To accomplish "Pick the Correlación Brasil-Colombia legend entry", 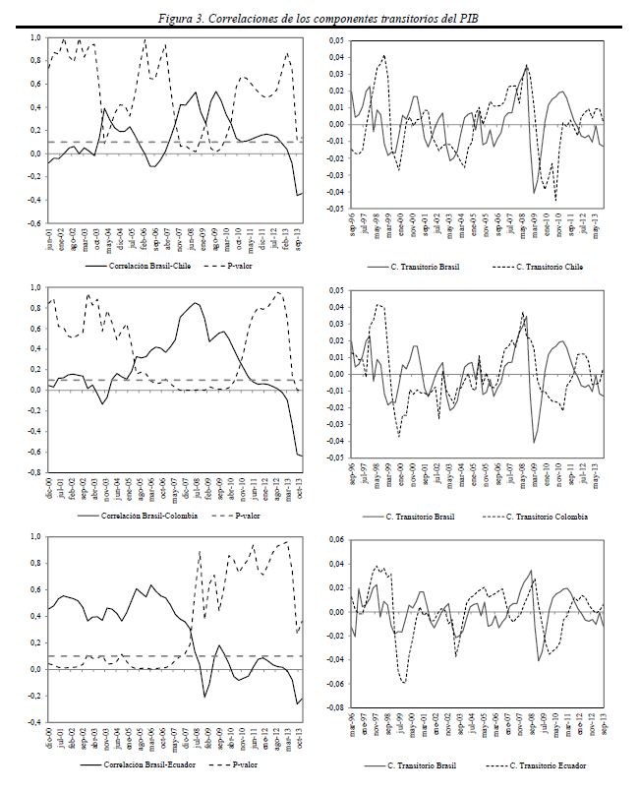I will [143, 516].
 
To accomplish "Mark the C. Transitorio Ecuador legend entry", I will [552, 764].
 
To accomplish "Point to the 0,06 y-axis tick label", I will [336, 540].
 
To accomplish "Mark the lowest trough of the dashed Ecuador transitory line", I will [403, 682].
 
